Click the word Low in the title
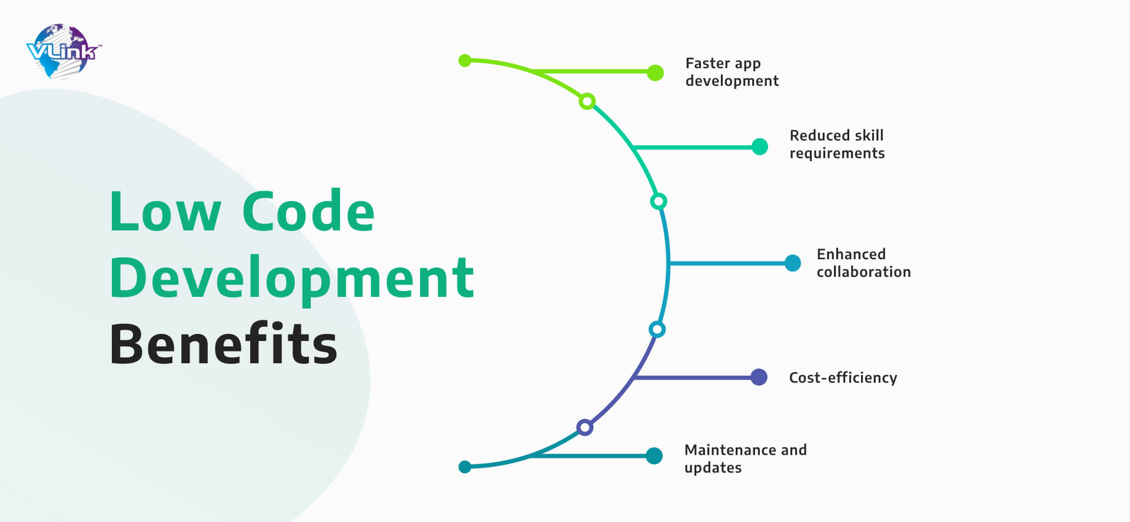coord(165,212)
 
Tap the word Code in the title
coord(308,212)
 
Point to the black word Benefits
coord(224,343)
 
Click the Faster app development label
coord(732,72)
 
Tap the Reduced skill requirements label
coord(837,144)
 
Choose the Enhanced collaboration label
coord(863,263)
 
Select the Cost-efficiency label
coord(843,377)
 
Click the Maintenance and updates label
coord(745,459)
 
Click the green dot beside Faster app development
coord(655,72)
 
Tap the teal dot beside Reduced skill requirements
coord(760,146)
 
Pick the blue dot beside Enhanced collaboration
coord(793,263)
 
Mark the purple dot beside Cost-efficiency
coord(759,377)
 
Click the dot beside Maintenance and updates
coord(654,456)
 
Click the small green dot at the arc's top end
coord(465,60)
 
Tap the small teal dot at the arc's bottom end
coord(465,467)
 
